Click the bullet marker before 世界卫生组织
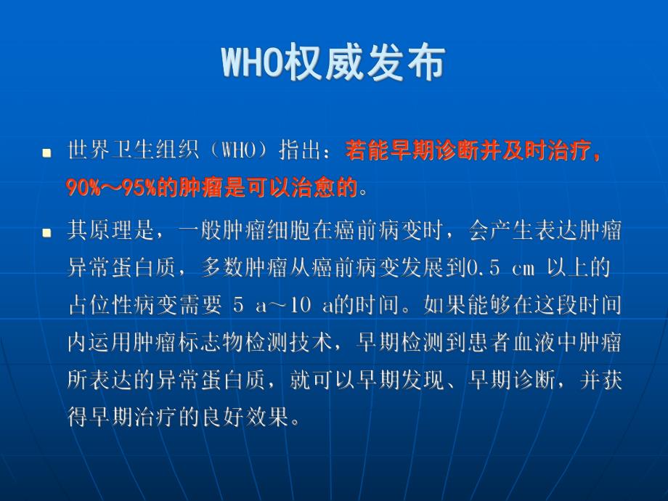click(x=47, y=153)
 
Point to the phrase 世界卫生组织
click(x=123, y=152)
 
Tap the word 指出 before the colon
click(x=298, y=152)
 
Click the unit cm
click(x=524, y=269)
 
